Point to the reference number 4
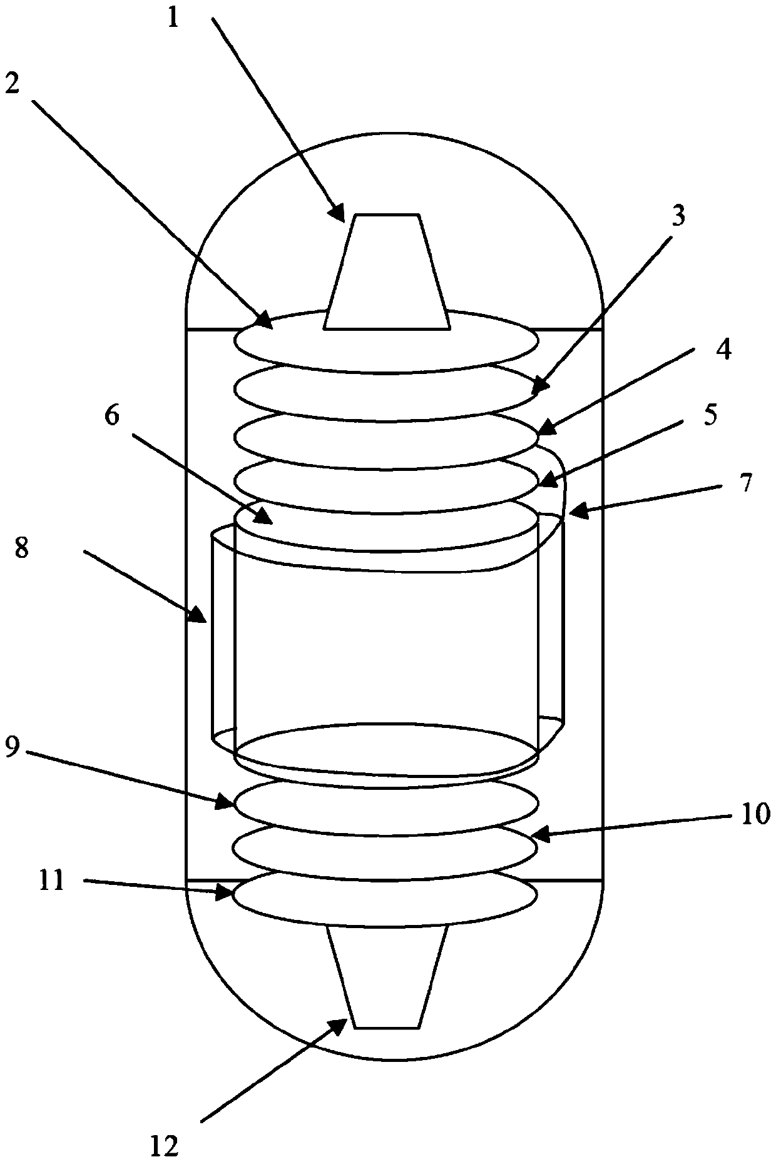[x=723, y=351]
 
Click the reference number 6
[x=112, y=417]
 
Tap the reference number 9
[x=13, y=748]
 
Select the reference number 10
[x=756, y=816]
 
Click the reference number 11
[x=52, y=881]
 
